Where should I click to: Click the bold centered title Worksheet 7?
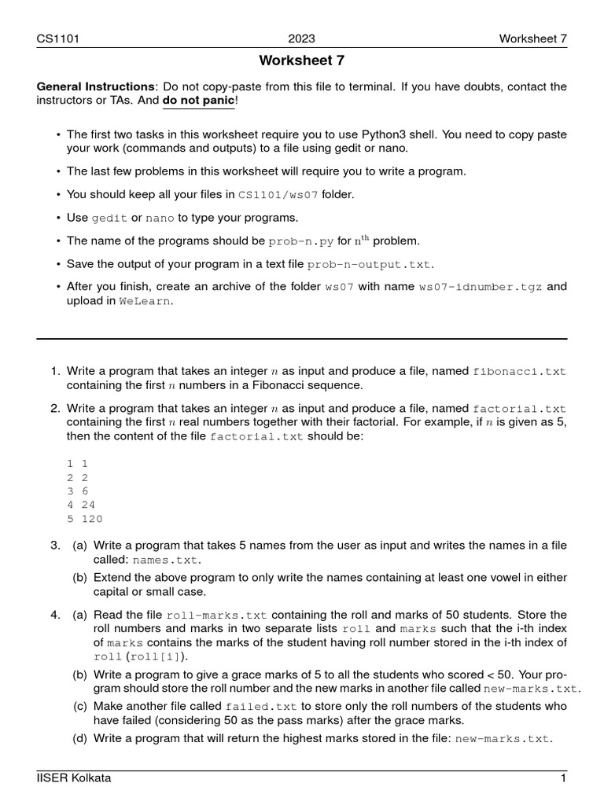pyautogui.click(x=302, y=61)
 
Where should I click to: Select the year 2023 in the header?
pyautogui.click(x=302, y=39)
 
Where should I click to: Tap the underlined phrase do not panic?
pyautogui.click(x=198, y=101)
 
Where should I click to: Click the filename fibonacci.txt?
pyautogui.click(x=518, y=370)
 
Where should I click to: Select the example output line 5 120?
pyautogui.click(x=85, y=519)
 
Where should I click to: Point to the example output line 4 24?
pyautogui.click(x=82, y=504)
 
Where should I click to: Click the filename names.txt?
pyautogui.click(x=166, y=561)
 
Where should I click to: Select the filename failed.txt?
pyautogui.click(x=261, y=706)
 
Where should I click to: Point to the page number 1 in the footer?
pyautogui.click(x=563, y=778)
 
